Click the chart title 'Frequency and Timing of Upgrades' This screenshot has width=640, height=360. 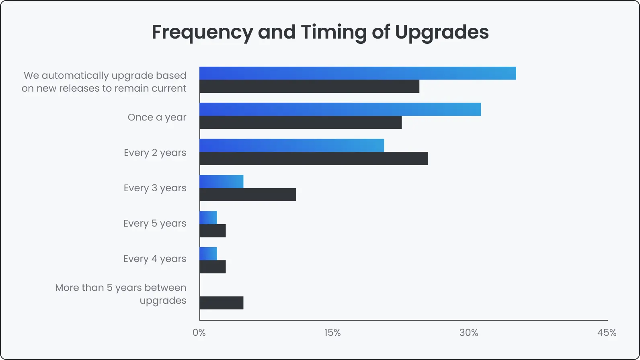(x=320, y=32)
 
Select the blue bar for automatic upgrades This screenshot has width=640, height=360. (x=358, y=74)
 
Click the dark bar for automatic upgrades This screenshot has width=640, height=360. (x=310, y=86)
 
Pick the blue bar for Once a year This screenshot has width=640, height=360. (x=340, y=109)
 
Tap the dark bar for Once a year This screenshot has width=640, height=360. (x=301, y=123)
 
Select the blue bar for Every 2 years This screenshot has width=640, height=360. (x=292, y=145)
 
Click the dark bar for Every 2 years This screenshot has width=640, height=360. (x=314, y=159)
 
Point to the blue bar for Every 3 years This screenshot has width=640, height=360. (x=222, y=182)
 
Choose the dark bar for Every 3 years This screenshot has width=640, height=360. (x=248, y=195)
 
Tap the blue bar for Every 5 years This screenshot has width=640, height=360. (x=208, y=218)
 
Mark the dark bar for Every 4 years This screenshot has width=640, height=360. (x=213, y=267)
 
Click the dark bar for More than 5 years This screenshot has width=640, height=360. (x=222, y=303)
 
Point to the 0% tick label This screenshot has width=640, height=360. (x=199, y=333)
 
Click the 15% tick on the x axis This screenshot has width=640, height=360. (x=332, y=333)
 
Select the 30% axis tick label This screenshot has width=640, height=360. (x=469, y=333)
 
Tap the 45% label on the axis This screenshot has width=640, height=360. (x=607, y=333)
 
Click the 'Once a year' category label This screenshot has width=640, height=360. (x=157, y=117)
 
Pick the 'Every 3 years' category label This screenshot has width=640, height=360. (x=155, y=188)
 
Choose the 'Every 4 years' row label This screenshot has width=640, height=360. (x=155, y=259)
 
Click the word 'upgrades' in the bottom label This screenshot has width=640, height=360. (x=163, y=301)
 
